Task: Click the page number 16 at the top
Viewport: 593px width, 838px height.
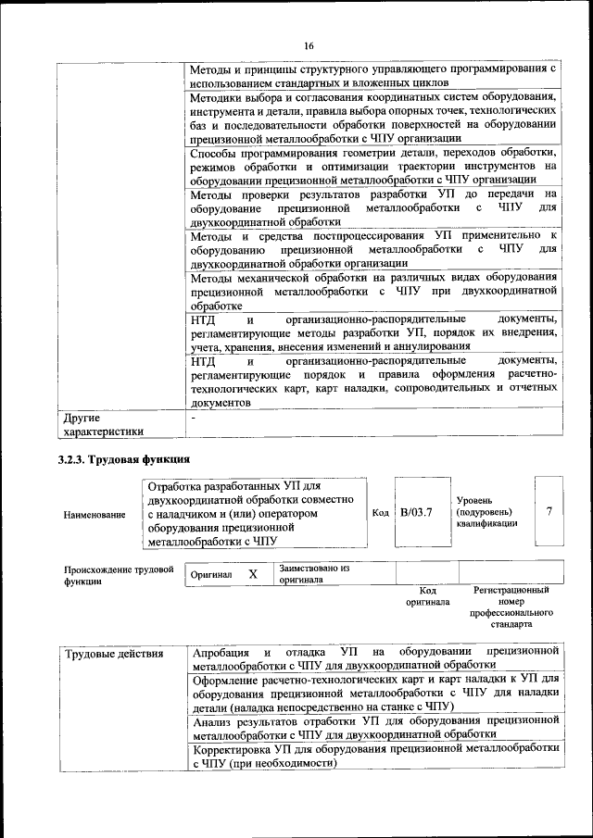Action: [309, 46]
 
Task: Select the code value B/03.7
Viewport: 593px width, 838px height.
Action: [417, 513]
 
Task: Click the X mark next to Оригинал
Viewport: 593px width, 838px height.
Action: [252, 574]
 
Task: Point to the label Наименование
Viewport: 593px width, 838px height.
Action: [95, 514]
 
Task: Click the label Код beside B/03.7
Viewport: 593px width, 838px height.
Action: [380, 513]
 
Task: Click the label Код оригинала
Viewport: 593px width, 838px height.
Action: [427, 595]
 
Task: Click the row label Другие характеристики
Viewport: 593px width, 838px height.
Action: [103, 424]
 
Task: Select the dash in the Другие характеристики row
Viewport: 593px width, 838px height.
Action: [193, 419]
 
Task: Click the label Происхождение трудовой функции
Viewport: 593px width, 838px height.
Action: [118, 575]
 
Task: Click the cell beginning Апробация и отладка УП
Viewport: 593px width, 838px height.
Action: [374, 658]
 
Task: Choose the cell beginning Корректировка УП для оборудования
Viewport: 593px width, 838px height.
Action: [374, 756]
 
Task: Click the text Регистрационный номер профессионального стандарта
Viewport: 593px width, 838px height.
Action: [511, 607]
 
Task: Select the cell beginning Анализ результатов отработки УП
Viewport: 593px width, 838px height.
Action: [374, 725]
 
